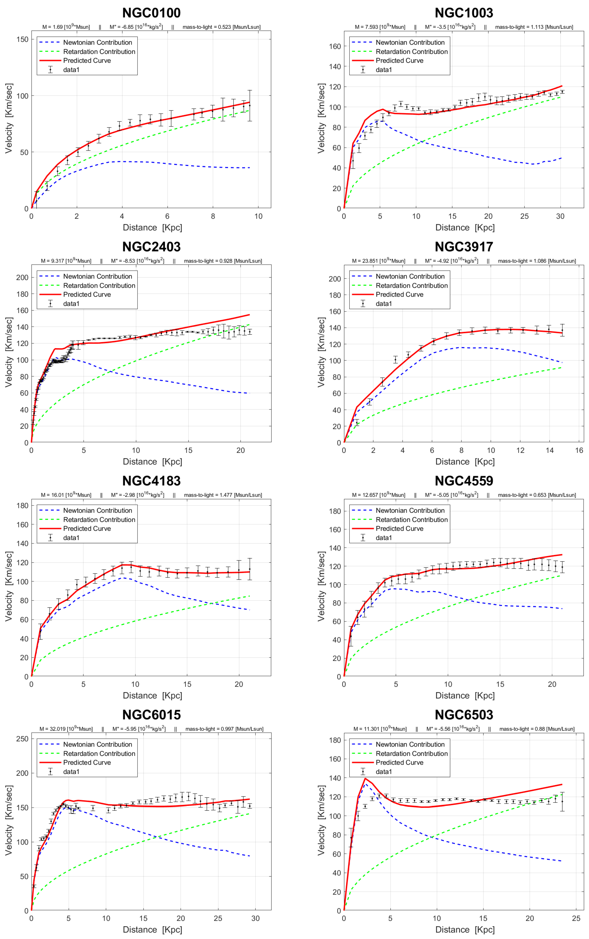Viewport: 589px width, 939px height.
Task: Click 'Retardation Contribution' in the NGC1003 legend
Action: pos(411,52)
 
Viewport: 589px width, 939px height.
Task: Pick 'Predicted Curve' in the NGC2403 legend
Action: pos(87,294)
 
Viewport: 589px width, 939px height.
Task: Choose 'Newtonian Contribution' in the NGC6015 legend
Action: pos(97,744)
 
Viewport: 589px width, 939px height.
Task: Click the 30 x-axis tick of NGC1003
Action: pos(560,216)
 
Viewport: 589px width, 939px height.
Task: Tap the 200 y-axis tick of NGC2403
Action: pos(22,278)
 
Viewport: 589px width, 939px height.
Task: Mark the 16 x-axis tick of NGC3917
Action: pos(579,450)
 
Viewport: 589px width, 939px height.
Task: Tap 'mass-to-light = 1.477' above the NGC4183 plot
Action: pos(223,495)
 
